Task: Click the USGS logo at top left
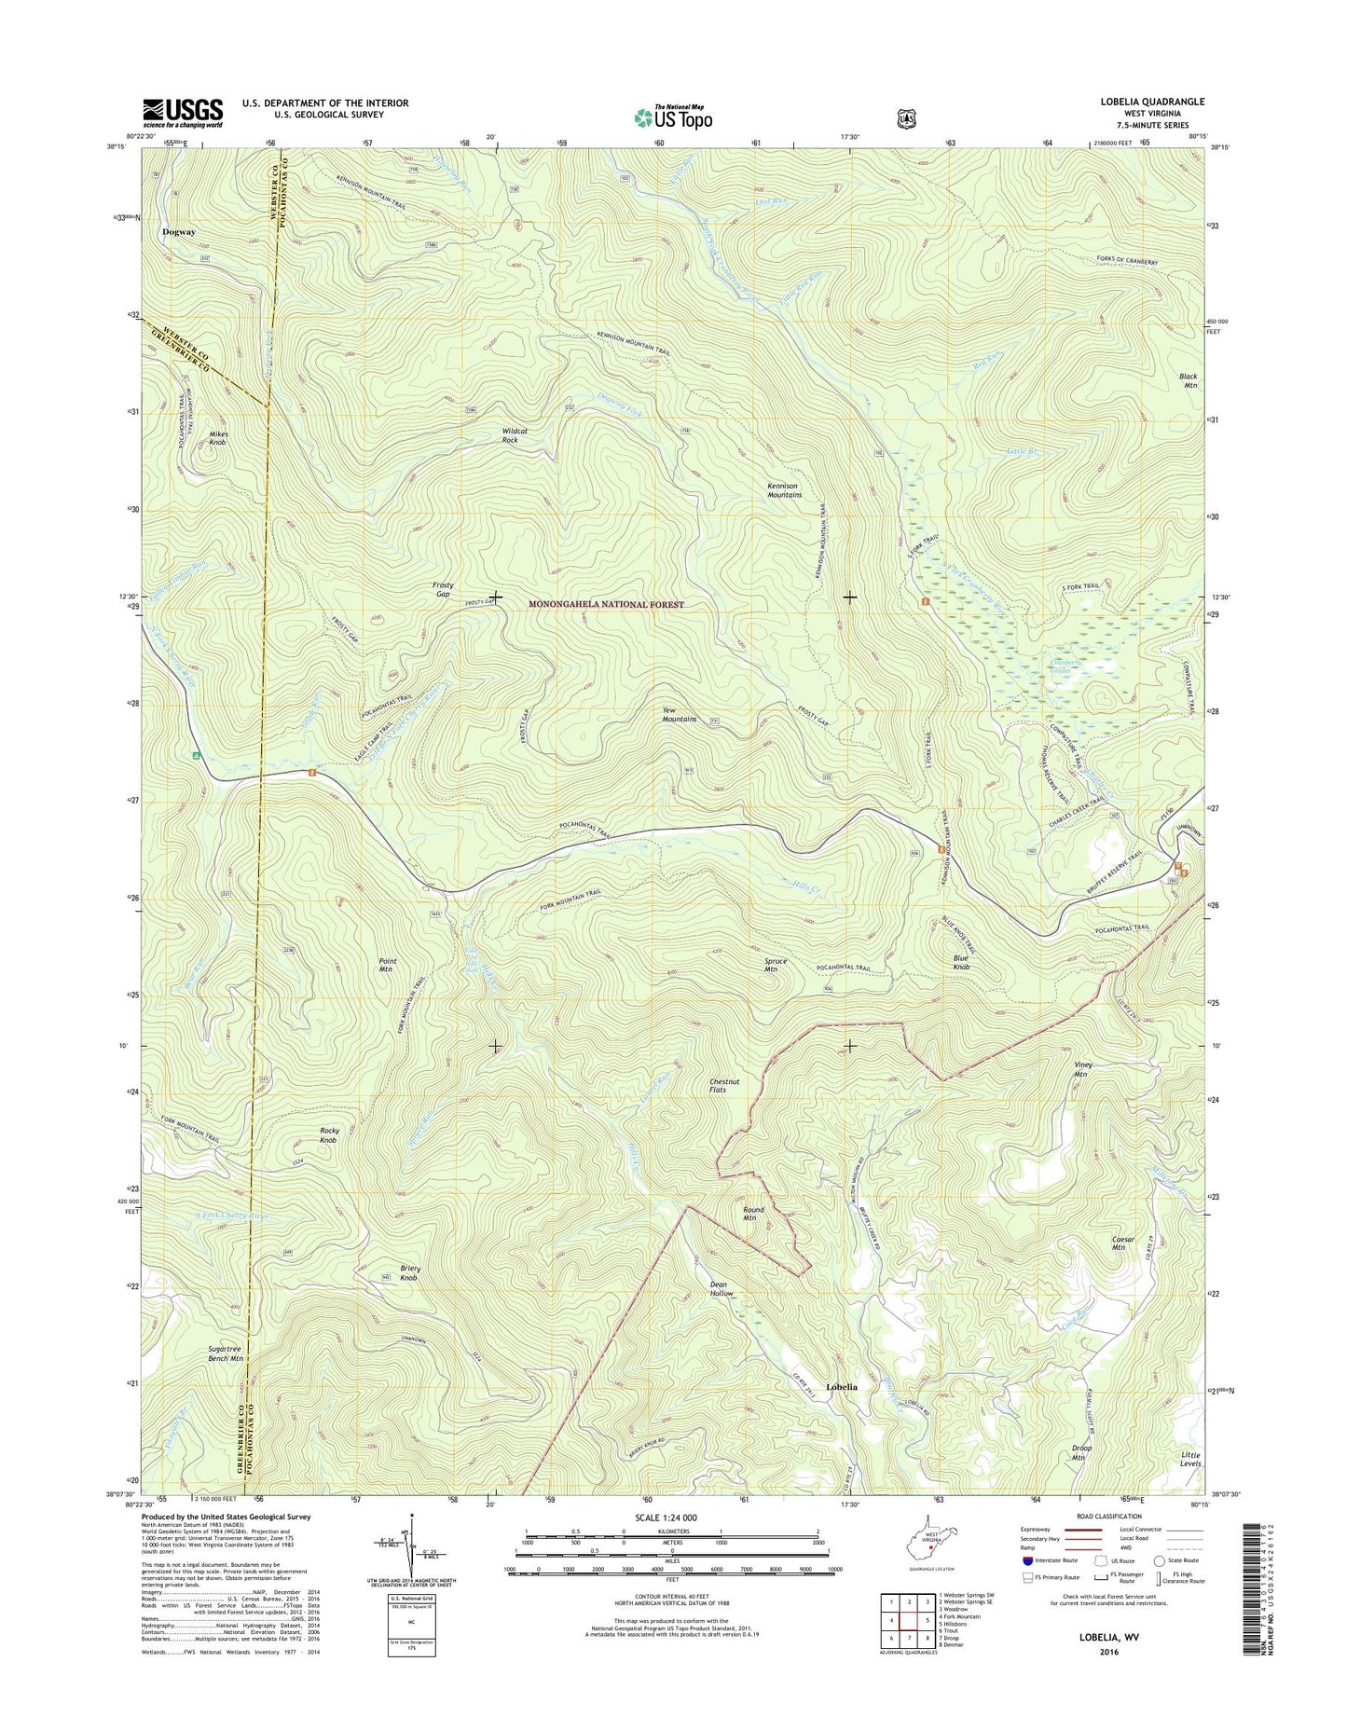[x=182, y=113]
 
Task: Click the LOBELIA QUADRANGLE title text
[x=1152, y=102]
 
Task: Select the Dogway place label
[x=178, y=232]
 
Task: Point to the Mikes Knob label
[x=217, y=438]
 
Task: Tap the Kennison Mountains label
[x=784, y=490]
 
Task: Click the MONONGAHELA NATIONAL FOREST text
[x=606, y=605]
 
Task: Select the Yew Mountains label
[x=679, y=714]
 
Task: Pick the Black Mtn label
[x=1188, y=380]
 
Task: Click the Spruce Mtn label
[x=776, y=965]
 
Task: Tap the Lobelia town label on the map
[x=841, y=1386]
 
